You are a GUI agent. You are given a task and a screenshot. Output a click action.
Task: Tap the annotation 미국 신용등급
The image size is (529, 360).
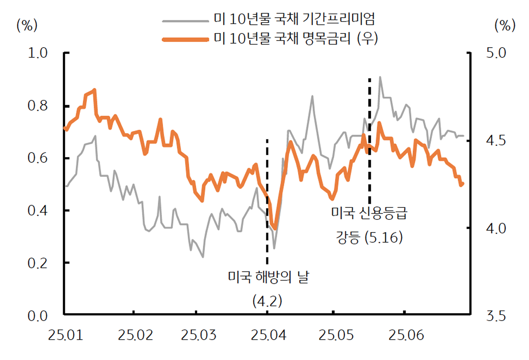369,214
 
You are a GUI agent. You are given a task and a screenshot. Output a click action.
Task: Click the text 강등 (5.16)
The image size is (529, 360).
369,239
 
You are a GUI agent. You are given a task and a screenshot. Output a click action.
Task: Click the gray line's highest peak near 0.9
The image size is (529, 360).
380,77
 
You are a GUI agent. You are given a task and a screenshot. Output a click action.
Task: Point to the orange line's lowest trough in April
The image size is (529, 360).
275,228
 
